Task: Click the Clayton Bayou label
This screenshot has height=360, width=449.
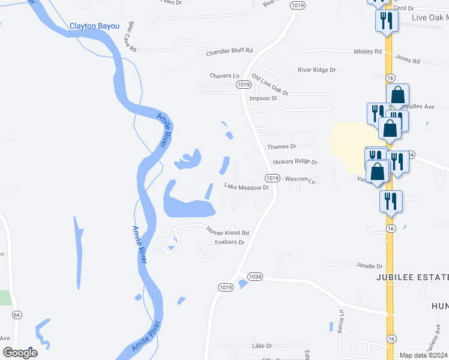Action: coord(94,26)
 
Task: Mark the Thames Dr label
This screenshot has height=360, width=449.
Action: coord(282,146)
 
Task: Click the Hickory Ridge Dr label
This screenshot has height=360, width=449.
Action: coord(294,162)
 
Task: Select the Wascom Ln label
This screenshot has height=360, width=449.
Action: coord(300,179)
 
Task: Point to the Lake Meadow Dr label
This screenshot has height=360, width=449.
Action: coord(246,187)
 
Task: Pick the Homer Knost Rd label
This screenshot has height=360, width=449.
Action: coord(228,231)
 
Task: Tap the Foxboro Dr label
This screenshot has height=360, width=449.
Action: coord(231,242)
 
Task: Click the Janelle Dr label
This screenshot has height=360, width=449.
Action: coord(369,266)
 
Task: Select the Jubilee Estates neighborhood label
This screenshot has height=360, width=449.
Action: coord(412,277)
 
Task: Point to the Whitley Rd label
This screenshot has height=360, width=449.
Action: coord(367,52)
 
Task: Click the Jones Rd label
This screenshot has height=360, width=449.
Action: coord(408,60)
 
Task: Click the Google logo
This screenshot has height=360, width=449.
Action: coord(20,353)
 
